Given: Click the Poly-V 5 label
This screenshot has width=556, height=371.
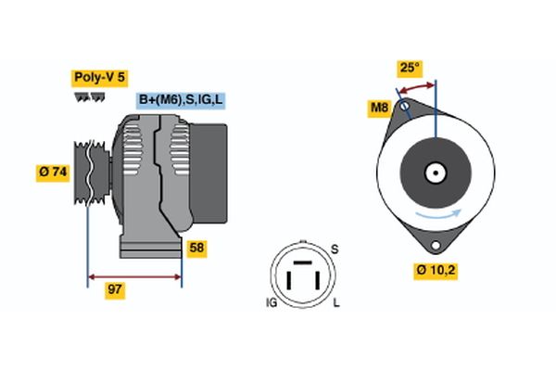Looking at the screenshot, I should pos(99,77).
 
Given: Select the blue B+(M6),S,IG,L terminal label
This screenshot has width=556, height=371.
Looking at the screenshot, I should pos(181,100).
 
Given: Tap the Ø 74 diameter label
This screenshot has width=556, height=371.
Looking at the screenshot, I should pos(53,173).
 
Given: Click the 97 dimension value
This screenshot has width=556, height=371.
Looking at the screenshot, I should pos(115,290).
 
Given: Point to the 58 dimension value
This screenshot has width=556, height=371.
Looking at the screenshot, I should pos(196,248).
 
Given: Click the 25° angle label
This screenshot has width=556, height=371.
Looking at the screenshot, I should pos(409,68).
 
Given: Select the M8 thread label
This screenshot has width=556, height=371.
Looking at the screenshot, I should pos(379,109).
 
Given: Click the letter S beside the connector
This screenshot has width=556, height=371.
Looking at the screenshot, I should pos(335,248).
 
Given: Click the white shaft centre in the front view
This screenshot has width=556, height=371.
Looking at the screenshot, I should pos(434,173).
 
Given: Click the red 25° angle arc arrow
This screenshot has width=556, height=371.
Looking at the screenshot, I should pos(417,86).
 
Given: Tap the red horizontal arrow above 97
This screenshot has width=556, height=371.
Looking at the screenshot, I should pos(134,275).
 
